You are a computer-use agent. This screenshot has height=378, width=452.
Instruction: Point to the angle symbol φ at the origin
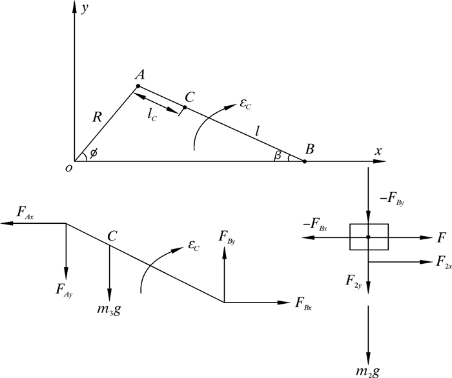(x=94, y=154)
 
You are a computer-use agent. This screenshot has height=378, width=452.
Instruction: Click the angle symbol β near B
(x=278, y=155)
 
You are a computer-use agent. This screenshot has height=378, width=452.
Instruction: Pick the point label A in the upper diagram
(x=139, y=75)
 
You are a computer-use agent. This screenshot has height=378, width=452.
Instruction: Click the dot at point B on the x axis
(x=305, y=161)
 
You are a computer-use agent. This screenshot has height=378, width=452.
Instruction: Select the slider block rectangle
(x=369, y=237)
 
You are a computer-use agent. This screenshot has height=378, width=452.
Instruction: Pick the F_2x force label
(x=442, y=261)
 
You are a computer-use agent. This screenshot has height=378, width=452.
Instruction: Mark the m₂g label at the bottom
(x=369, y=371)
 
